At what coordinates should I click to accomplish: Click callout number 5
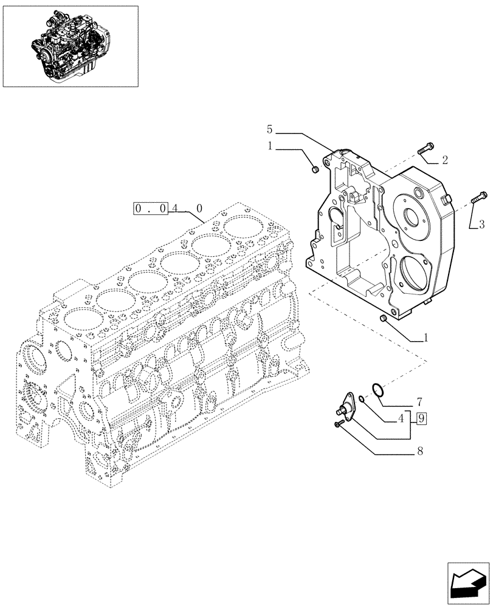pos(270,129)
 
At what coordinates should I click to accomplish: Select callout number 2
pos(445,160)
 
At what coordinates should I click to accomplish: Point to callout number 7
pos(419,402)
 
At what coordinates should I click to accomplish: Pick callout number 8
pos(419,451)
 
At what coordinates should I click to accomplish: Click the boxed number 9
pos(421,418)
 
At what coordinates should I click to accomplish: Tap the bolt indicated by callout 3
pos(478,197)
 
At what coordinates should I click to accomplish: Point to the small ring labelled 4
pos(362,399)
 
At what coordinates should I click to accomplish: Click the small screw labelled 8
pos(337,424)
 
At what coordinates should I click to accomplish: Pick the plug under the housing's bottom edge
pos(383,319)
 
